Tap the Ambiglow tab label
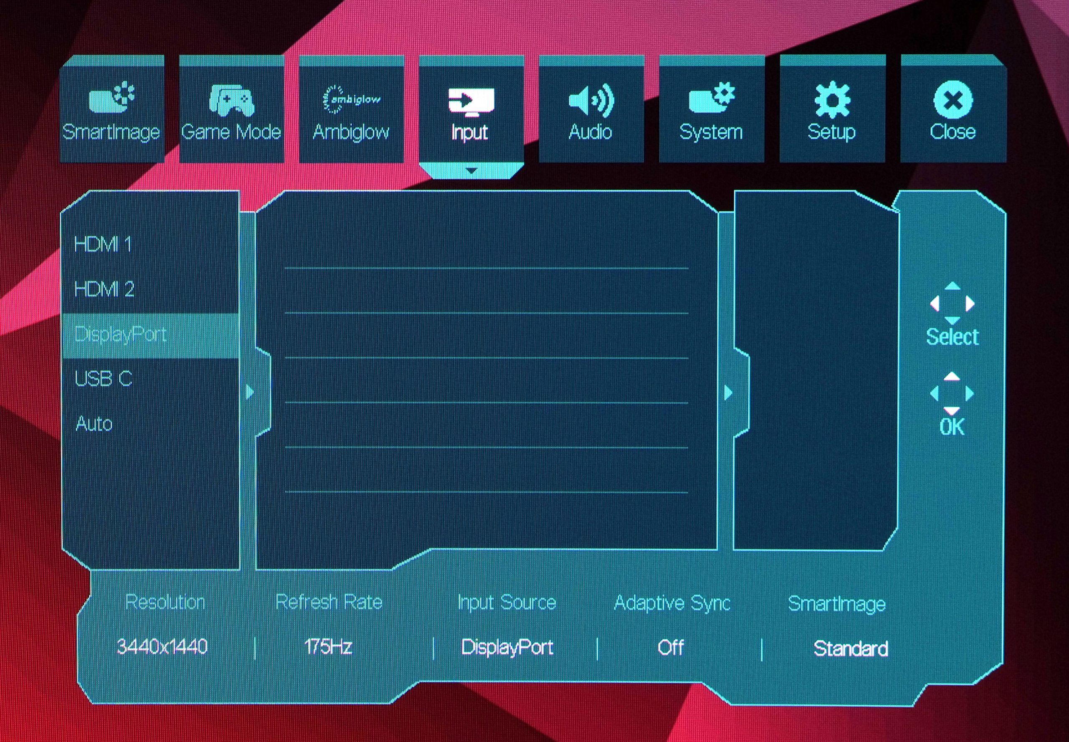[x=351, y=132]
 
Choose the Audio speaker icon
[x=591, y=100]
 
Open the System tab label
[x=711, y=132]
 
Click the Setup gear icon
[x=832, y=99]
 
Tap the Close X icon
[x=953, y=99]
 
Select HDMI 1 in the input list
[x=103, y=244]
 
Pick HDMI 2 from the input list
[x=104, y=289]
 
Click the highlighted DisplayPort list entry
[x=120, y=335]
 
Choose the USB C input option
[x=103, y=379]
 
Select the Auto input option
[x=94, y=424]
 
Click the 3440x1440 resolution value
[x=162, y=647]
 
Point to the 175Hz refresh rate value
[x=328, y=647]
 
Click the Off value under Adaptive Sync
[x=671, y=648]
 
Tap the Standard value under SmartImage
[x=851, y=648]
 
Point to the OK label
[x=952, y=427]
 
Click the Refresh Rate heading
[x=329, y=602]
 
